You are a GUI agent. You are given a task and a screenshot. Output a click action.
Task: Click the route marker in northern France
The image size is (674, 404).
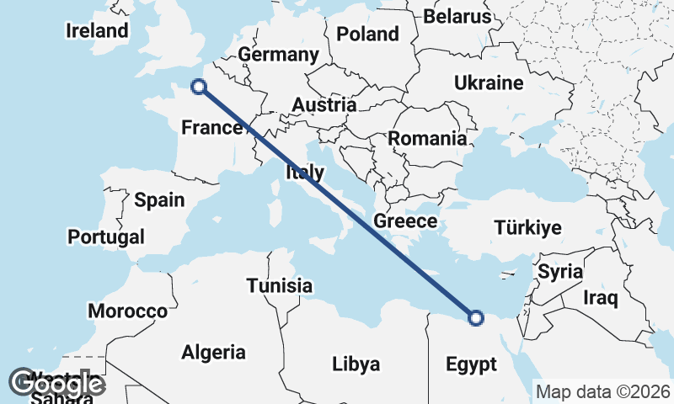pos(199,86)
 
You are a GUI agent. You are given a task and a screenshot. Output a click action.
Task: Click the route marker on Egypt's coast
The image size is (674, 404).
pos(476,318)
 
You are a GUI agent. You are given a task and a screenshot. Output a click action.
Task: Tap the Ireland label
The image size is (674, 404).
pos(98,31)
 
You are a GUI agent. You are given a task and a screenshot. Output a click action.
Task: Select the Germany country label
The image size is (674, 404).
pos(278,55)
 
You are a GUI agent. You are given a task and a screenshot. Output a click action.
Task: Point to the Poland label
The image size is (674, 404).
pos(367,35)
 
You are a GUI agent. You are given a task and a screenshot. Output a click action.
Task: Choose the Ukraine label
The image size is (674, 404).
pos(489,82)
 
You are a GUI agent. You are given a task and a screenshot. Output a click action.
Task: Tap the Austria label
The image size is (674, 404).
pos(324,105)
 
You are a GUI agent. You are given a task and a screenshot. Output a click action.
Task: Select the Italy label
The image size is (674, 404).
pos(305,173)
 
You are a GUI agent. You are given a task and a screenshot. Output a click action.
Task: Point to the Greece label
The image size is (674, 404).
pos(405,221)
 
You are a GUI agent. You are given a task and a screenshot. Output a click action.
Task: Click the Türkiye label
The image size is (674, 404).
pos(528,228)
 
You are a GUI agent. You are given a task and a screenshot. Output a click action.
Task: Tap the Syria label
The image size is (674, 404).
pos(560,271)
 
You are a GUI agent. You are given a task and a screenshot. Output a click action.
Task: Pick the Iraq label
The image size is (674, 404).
pos(601,297)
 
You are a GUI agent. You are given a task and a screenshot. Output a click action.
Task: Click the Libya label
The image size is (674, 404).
pos(356,364)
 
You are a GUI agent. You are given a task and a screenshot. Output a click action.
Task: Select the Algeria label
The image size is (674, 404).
pos(214,352)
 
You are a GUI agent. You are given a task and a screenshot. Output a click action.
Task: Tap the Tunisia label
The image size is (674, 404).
pos(280,285)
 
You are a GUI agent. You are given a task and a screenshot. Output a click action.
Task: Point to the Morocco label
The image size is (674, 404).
pos(128,311)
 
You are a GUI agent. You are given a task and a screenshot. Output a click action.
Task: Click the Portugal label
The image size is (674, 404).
pos(106,237)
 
